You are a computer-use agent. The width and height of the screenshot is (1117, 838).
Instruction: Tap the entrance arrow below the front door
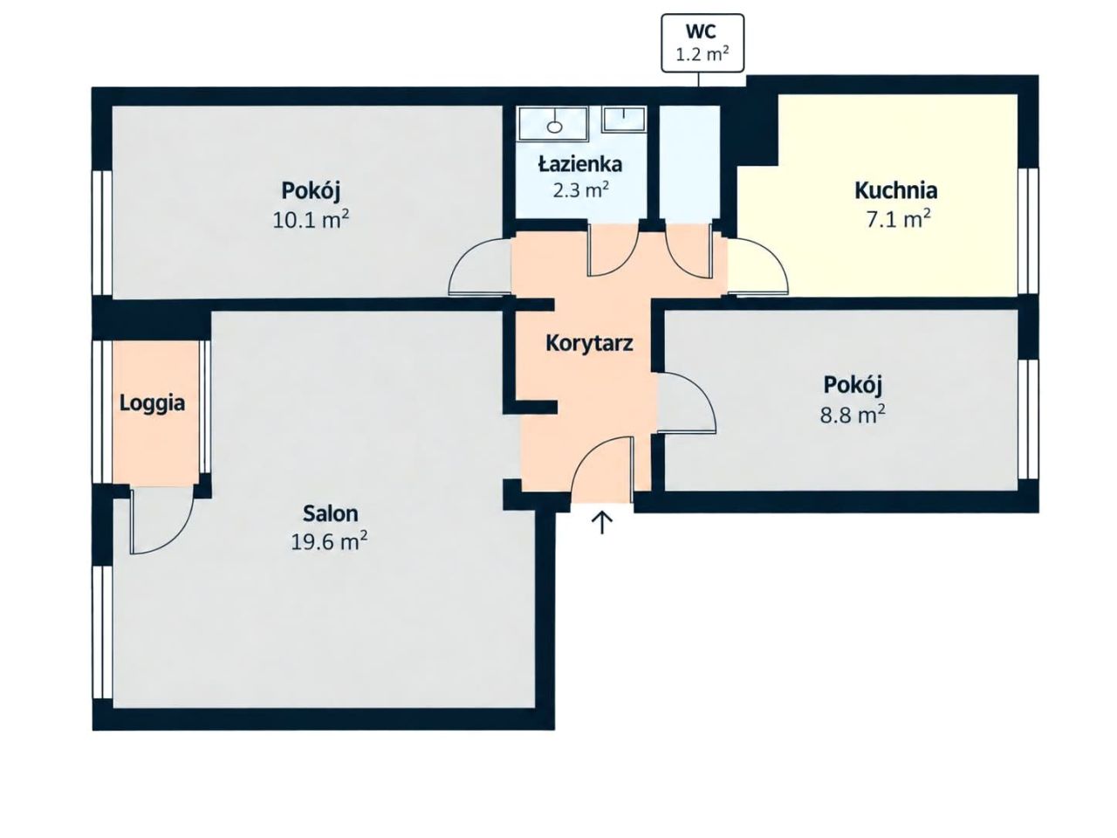601,523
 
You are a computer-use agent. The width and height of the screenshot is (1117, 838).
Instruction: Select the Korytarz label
589,343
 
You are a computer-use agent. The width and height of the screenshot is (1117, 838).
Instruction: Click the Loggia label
152,403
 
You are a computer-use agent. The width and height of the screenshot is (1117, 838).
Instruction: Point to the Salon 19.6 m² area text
330,527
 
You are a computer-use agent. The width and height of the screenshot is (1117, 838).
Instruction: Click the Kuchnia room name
895,190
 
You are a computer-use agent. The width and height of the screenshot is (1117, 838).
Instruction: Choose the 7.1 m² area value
899,220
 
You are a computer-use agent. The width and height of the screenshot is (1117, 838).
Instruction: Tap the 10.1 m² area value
311,220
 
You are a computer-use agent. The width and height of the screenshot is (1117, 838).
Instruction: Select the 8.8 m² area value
853,415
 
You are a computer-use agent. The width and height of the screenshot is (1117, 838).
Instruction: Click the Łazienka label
580,164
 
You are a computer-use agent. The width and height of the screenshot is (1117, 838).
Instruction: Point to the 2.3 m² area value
580,190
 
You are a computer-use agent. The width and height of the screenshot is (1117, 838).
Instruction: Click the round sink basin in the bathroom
554,127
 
